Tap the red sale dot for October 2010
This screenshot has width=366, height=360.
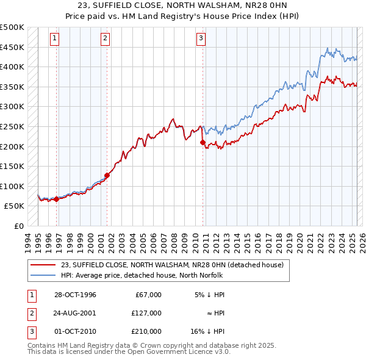[x=202, y=143]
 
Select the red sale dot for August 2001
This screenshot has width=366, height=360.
[x=107, y=176]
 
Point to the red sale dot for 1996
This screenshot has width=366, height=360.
[x=56, y=199]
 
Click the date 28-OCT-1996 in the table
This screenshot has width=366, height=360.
[x=75, y=295]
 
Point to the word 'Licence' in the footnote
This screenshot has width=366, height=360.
[x=190, y=352]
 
